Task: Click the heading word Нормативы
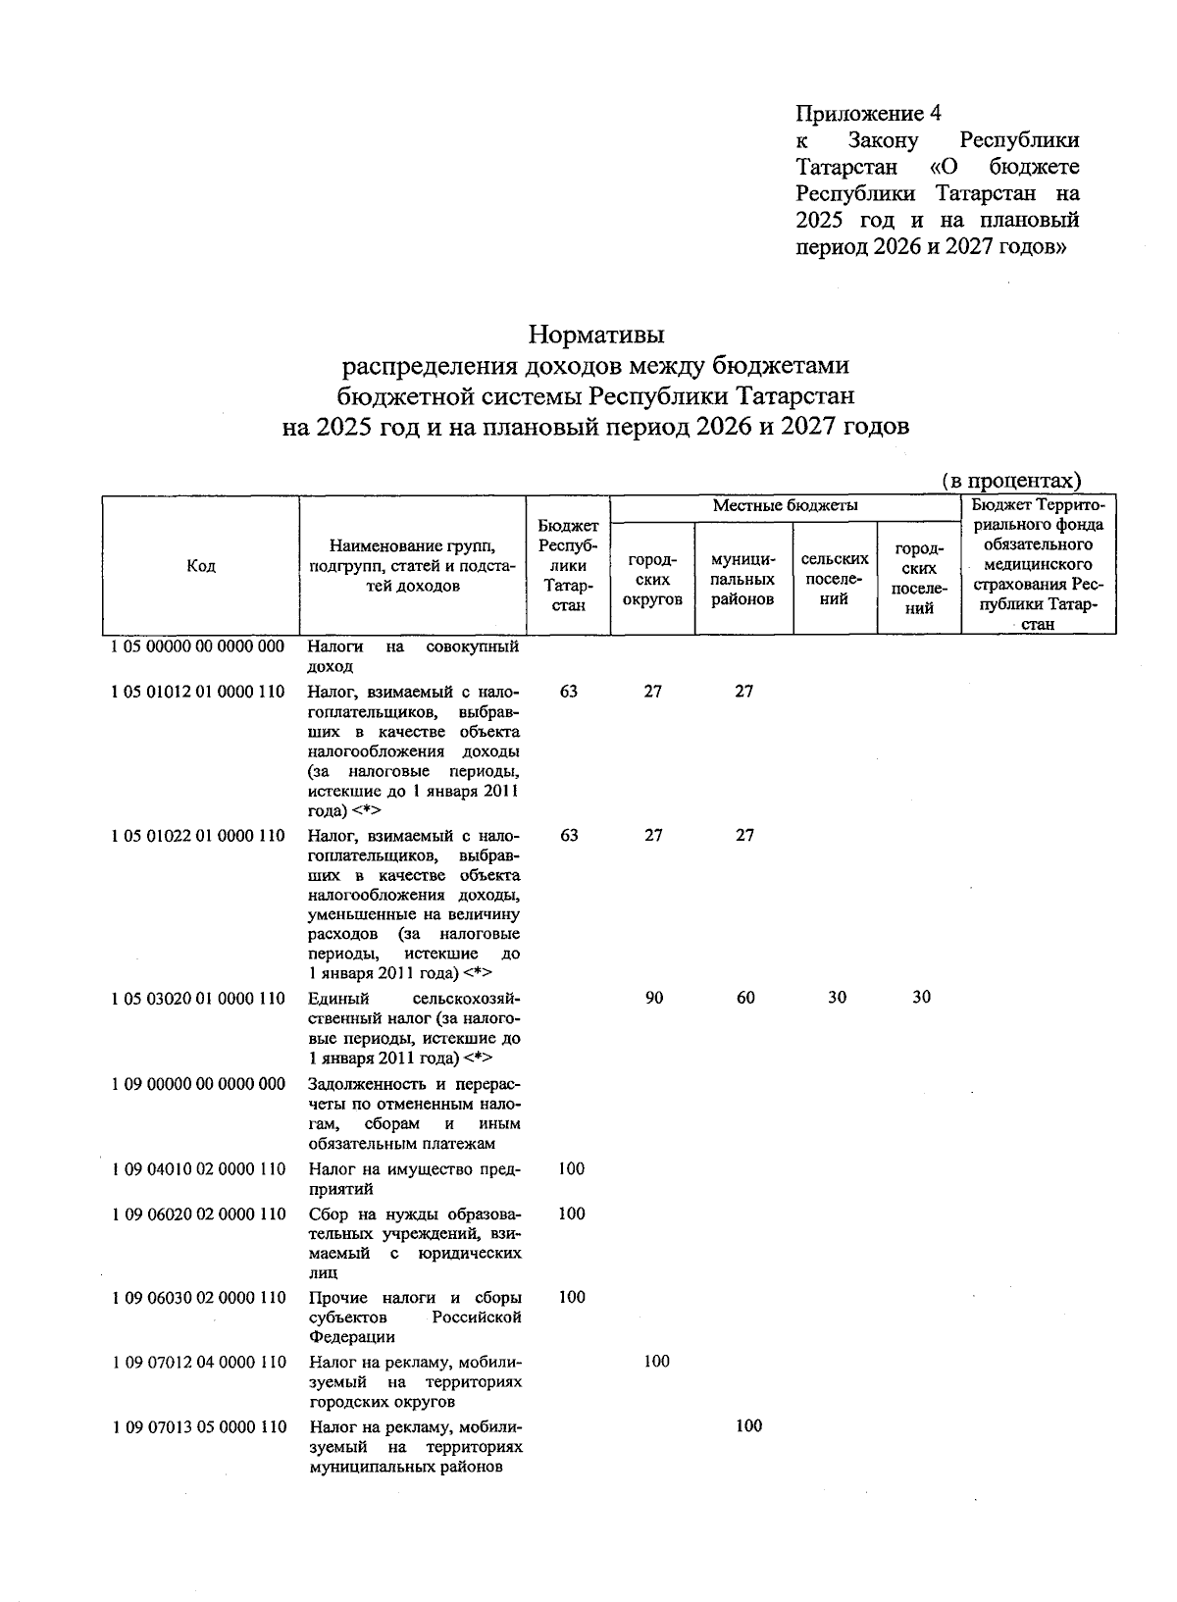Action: click(596, 336)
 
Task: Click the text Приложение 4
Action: click(868, 112)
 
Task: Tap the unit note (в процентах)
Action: click(1010, 481)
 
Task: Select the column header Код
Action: click(200, 566)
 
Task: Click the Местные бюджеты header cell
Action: click(785, 506)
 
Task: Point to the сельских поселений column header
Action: click(835, 578)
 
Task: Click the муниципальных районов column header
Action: click(743, 579)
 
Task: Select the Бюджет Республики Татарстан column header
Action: click(569, 566)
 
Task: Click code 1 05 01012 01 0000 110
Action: click(199, 692)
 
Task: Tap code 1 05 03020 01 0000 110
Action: click(199, 999)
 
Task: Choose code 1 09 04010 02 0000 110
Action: click(199, 1169)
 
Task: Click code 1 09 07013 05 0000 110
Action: click(199, 1426)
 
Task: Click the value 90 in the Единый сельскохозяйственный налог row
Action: click(654, 998)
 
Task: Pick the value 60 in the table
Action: click(745, 998)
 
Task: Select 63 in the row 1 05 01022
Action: click(569, 836)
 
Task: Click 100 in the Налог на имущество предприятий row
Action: click(571, 1168)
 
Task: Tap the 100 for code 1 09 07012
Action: click(656, 1362)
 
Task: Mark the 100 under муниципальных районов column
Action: click(748, 1426)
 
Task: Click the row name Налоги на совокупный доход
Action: click(413, 656)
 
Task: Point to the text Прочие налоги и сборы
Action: click(413, 1298)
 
